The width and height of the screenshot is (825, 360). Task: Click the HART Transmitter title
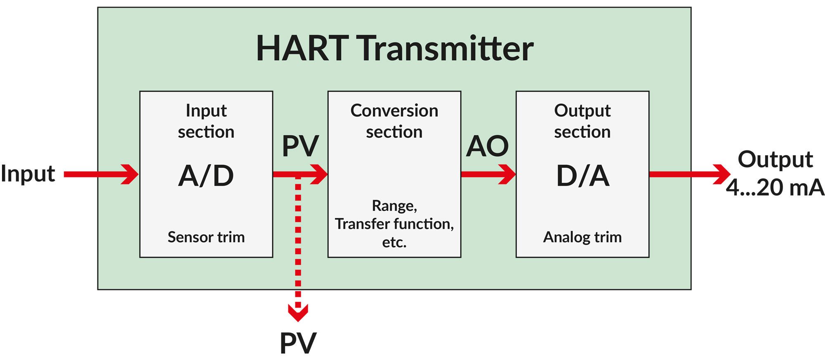[394, 49]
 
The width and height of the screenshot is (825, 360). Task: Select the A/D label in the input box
[206, 176]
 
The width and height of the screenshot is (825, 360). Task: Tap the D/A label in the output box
[582, 176]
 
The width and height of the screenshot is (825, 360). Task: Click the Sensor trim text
[206, 237]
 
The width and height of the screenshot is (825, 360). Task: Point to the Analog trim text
[582, 237]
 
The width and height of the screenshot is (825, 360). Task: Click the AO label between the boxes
[487, 146]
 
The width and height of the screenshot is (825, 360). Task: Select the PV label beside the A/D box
[300, 146]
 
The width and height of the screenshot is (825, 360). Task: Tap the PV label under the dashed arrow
[298, 343]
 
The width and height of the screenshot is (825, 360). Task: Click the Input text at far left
[28, 174]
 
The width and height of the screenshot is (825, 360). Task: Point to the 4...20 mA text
[775, 188]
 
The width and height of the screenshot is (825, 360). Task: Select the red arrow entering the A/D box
[101, 174]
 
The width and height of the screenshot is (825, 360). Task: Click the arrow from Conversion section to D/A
[488, 174]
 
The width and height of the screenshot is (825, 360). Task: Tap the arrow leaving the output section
[689, 174]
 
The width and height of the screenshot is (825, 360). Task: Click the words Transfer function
[394, 224]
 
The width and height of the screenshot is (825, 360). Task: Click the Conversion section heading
[394, 121]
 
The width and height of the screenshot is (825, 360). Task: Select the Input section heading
[206, 121]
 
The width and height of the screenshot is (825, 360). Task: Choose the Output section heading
[582, 121]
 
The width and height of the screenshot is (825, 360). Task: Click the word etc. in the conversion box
[394, 242]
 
